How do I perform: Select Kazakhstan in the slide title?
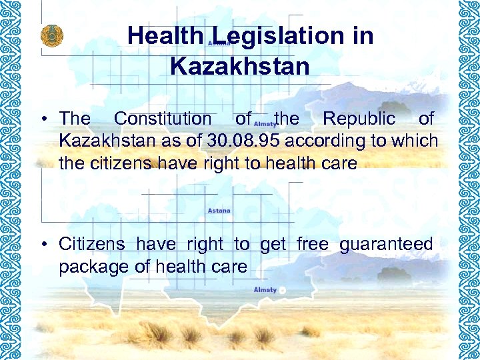[x=240, y=66]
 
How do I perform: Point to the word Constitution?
[x=162, y=119]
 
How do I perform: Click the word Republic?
[x=359, y=119]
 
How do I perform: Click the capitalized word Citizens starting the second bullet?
[x=91, y=245]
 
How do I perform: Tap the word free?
[x=313, y=245]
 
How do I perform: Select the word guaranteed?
[x=386, y=245]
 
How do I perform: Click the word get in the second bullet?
[x=273, y=245]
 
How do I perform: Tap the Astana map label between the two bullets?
[x=219, y=211]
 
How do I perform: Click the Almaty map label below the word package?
[x=265, y=289]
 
